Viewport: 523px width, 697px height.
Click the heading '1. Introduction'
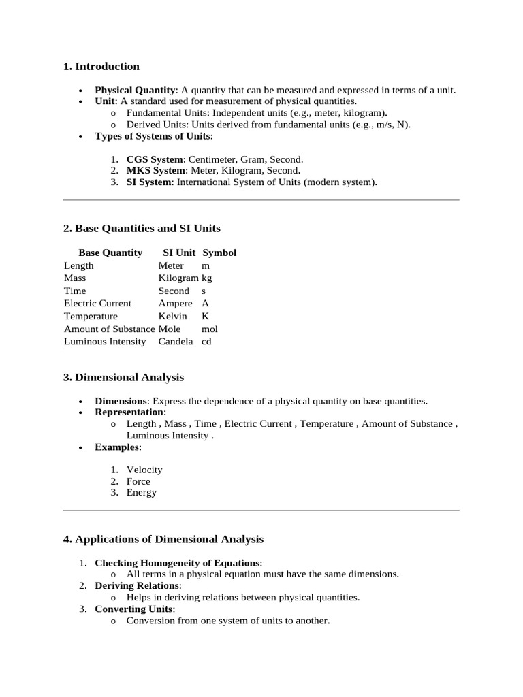pyautogui.click(x=101, y=67)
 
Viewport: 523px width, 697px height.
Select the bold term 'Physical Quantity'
pyautogui.click(x=135, y=90)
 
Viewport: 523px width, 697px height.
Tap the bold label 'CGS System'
pyautogui.click(x=155, y=159)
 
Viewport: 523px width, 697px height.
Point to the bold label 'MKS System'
pyautogui.click(x=155, y=171)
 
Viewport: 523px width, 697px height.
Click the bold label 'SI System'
pyautogui.click(x=148, y=182)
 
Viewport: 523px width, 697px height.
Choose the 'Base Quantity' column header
pyautogui.click(x=110, y=253)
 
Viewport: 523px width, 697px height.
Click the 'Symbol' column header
pyautogui.click(x=219, y=253)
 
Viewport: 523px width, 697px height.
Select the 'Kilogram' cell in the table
pyautogui.click(x=178, y=278)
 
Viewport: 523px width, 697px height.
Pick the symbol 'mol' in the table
pyautogui.click(x=210, y=329)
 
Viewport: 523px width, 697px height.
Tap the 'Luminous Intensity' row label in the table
pyautogui.click(x=105, y=342)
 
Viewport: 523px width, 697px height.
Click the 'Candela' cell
pyautogui.click(x=176, y=342)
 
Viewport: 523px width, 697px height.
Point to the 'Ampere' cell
pyautogui.click(x=175, y=304)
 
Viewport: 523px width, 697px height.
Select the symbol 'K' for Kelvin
pyautogui.click(x=206, y=317)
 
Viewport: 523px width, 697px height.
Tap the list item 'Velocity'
pyautogui.click(x=144, y=470)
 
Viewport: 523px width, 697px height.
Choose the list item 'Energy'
pyautogui.click(x=142, y=493)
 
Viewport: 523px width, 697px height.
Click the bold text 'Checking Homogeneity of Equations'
pyautogui.click(x=178, y=563)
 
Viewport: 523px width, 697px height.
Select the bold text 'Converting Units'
pyautogui.click(x=134, y=609)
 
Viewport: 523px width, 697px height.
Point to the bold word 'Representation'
pyautogui.click(x=129, y=412)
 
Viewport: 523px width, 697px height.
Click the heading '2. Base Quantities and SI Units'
pyautogui.click(x=142, y=229)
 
